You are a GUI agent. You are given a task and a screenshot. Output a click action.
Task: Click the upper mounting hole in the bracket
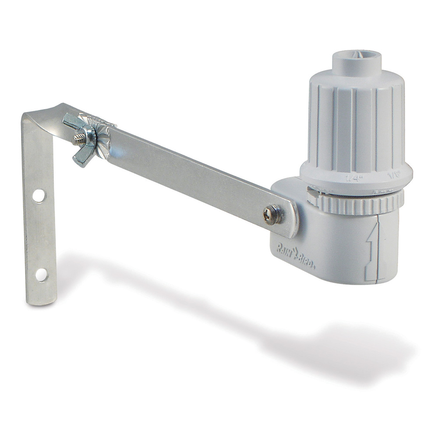click(x=39, y=195)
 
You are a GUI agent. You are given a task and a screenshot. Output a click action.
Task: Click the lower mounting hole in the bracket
click(x=41, y=275)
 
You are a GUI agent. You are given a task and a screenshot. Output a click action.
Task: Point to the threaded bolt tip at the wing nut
click(x=79, y=139)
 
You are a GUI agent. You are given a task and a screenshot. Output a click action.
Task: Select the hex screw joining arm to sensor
click(x=272, y=215)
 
